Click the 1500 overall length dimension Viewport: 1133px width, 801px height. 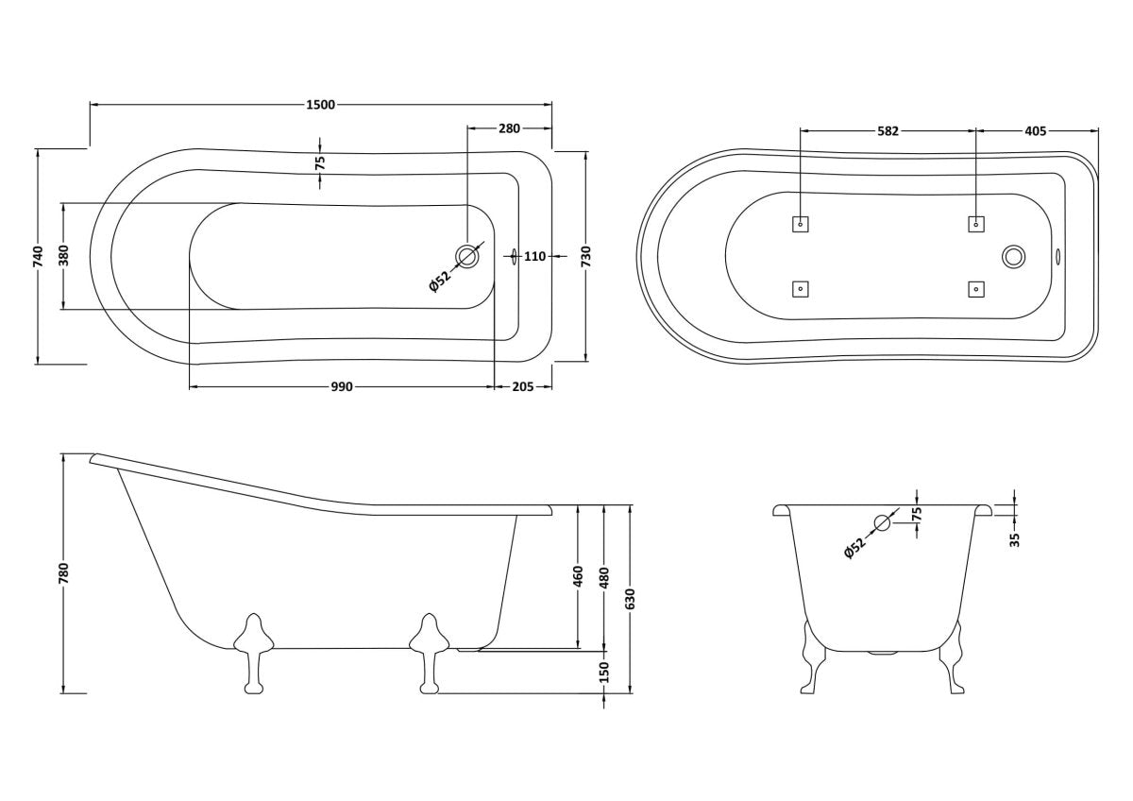[321, 105]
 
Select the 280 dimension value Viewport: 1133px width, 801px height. [509, 128]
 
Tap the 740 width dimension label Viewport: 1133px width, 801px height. [39, 256]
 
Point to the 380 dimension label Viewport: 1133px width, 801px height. [63, 256]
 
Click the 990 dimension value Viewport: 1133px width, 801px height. [342, 387]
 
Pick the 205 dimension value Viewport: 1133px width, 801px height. [522, 387]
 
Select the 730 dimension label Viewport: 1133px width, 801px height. [586, 256]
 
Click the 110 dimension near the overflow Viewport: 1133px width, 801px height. [534, 257]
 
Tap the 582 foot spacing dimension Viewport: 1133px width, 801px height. [888, 131]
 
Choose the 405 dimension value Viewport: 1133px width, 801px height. [1036, 131]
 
